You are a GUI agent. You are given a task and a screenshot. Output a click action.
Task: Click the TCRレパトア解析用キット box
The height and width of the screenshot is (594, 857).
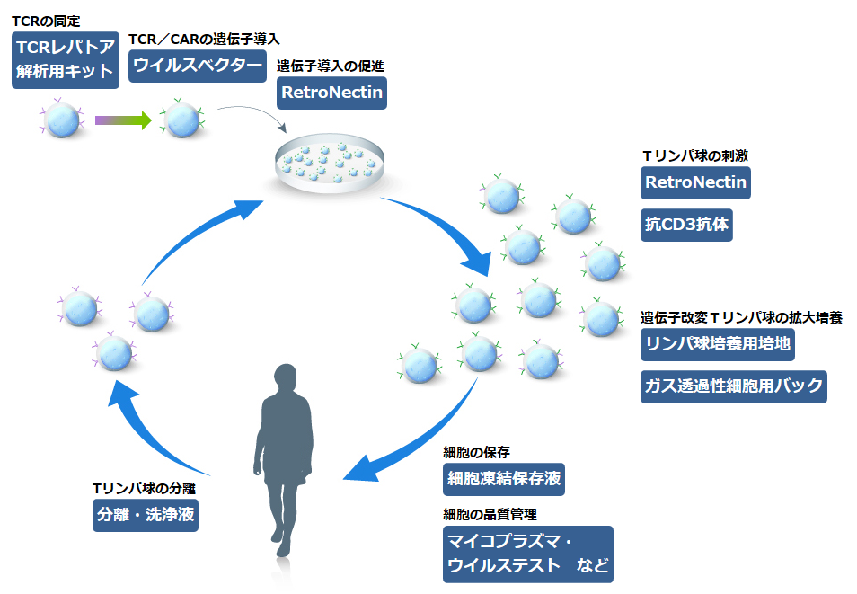66,59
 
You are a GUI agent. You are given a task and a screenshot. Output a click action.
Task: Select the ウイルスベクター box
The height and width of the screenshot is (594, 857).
198,66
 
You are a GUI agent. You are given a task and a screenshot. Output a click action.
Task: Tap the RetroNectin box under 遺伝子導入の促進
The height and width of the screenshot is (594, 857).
331,93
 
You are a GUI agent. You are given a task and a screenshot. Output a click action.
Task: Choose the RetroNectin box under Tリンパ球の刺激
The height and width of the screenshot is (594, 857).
695,182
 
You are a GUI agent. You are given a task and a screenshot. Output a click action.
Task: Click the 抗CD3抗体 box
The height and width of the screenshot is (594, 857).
686,225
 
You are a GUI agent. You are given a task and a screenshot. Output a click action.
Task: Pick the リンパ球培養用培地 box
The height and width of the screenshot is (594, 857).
718,344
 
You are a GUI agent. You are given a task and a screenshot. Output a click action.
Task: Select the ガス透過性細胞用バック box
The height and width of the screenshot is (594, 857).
733,386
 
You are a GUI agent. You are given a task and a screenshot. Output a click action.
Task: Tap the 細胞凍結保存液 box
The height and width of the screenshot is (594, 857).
504,480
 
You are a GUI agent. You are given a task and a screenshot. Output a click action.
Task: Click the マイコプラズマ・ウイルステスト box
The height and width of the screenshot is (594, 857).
528,554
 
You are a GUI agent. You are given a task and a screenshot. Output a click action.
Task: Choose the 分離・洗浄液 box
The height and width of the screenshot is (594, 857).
146,515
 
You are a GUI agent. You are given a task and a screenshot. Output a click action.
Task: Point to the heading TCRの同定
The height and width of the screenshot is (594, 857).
47,22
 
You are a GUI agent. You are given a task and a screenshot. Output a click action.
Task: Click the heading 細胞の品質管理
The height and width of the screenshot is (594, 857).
490,515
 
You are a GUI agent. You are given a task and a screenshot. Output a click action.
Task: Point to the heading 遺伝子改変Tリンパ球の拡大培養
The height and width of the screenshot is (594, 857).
741,318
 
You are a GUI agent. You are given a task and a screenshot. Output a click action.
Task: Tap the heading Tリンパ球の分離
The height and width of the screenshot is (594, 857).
144,489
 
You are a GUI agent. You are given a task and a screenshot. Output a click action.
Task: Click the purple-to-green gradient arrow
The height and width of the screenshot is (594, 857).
123,120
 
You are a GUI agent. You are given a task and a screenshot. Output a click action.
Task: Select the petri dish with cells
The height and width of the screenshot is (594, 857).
329,163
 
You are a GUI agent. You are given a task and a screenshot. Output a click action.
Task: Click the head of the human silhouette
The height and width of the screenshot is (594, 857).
286,378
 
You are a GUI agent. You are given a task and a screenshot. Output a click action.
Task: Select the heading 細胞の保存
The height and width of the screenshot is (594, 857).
476,452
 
